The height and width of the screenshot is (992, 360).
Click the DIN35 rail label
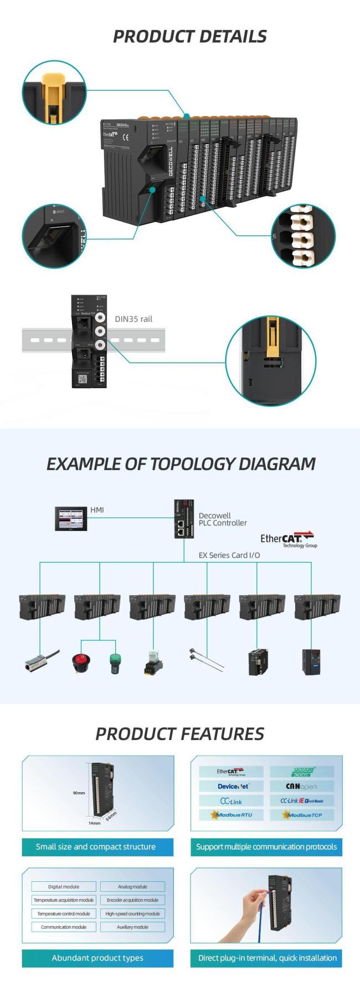(x=133, y=319)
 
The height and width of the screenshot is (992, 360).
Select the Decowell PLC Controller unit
(x=184, y=519)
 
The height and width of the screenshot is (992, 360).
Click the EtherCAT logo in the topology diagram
(x=288, y=539)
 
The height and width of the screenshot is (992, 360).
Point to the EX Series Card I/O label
(x=229, y=555)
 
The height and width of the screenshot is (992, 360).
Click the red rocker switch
(x=81, y=662)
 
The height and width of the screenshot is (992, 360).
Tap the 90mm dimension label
(x=79, y=793)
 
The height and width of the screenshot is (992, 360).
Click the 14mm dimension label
(x=95, y=823)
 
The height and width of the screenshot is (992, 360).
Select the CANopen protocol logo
(x=302, y=786)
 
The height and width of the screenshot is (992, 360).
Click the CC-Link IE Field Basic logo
(x=302, y=800)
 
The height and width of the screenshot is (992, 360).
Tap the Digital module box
(x=64, y=886)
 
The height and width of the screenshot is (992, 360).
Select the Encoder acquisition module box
(x=132, y=900)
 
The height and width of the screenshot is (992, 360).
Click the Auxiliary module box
(x=132, y=927)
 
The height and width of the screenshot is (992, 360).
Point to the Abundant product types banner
(x=97, y=958)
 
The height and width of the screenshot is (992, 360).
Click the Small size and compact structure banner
(x=96, y=846)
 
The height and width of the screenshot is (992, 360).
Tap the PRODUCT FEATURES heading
(x=179, y=733)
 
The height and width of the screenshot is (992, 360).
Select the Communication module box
(x=64, y=927)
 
